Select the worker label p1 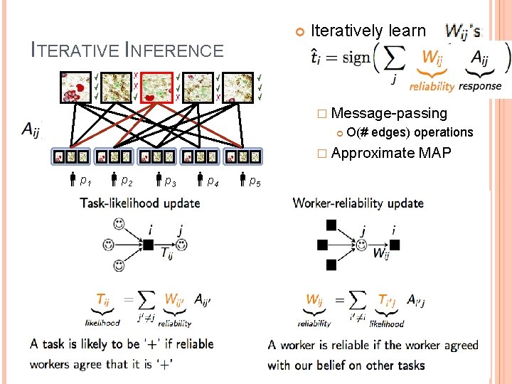click(85, 181)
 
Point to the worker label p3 click(170, 181)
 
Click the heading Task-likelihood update click(140, 203)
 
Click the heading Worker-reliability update click(358, 203)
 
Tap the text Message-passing click(389, 113)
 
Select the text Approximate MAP click(390, 153)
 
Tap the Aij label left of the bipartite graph click(31, 129)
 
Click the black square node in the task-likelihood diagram click(149, 245)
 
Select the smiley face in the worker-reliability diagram click(362, 245)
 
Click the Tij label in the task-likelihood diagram click(166, 254)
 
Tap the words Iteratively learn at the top click(368, 31)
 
